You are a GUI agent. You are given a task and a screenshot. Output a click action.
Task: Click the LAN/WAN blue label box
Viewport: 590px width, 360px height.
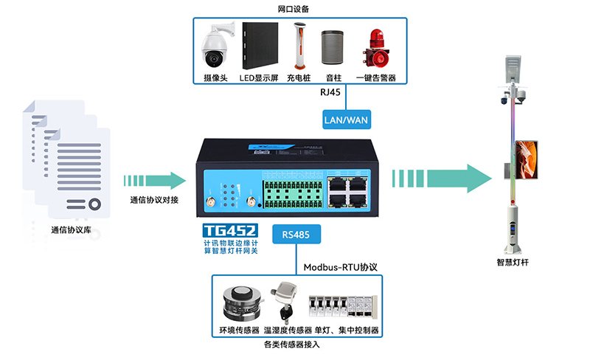(347, 118)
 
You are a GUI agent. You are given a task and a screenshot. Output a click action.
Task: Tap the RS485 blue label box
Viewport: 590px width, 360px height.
(296, 234)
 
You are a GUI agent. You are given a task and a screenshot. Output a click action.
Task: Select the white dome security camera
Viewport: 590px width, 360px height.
(217, 46)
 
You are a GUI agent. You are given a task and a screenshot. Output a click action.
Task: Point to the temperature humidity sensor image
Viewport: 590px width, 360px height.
(284, 302)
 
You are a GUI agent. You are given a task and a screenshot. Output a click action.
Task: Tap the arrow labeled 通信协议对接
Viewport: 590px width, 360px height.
(156, 180)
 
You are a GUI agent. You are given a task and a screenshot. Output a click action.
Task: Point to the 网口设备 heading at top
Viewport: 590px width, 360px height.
(294, 9)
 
